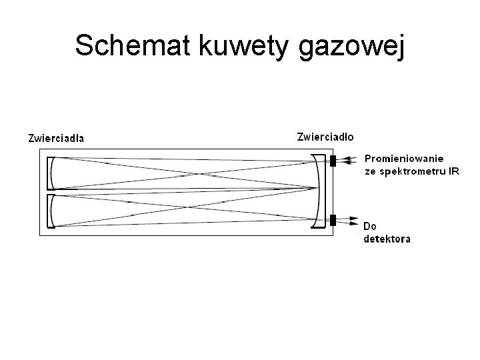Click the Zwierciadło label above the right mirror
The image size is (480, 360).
325,137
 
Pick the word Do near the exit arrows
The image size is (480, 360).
371,227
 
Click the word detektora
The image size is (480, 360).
387,239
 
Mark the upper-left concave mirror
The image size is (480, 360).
52,172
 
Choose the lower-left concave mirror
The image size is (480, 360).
52,211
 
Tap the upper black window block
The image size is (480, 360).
333,161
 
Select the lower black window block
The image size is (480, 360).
333,219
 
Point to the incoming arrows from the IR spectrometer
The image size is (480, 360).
351,160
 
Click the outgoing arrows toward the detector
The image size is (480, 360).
351,219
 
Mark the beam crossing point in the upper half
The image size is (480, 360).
197,173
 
